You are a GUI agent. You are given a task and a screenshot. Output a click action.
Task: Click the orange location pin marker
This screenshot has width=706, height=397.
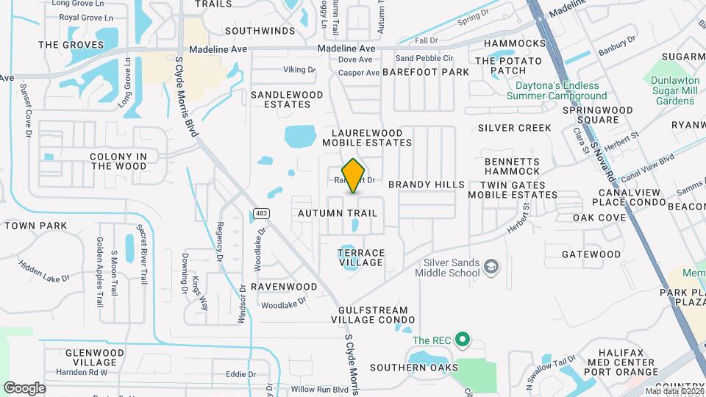[x=353, y=175]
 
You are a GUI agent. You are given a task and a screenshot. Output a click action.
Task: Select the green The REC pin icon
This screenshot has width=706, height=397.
[x=462, y=340]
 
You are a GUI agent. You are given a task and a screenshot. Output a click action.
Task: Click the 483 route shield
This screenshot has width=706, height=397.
[x=260, y=213]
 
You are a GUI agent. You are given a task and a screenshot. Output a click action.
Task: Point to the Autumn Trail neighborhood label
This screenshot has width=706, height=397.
[x=338, y=213]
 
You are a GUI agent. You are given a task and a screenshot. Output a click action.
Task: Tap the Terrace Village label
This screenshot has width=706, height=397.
[x=360, y=257]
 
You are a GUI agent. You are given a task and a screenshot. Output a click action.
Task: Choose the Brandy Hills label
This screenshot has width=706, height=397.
[x=427, y=185]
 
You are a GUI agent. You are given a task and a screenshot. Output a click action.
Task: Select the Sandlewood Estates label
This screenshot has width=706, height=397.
[x=287, y=99]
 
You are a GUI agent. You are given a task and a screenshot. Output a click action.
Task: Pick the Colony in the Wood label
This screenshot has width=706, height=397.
[x=118, y=161]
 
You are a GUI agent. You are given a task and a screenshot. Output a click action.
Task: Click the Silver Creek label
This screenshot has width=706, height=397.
[x=514, y=128]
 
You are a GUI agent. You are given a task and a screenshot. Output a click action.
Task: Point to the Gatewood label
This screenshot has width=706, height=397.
[x=591, y=254]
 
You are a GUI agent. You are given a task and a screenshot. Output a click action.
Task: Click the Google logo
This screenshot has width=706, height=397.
[x=24, y=387]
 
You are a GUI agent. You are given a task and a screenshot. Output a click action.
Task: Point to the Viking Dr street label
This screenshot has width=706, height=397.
[x=299, y=70]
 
